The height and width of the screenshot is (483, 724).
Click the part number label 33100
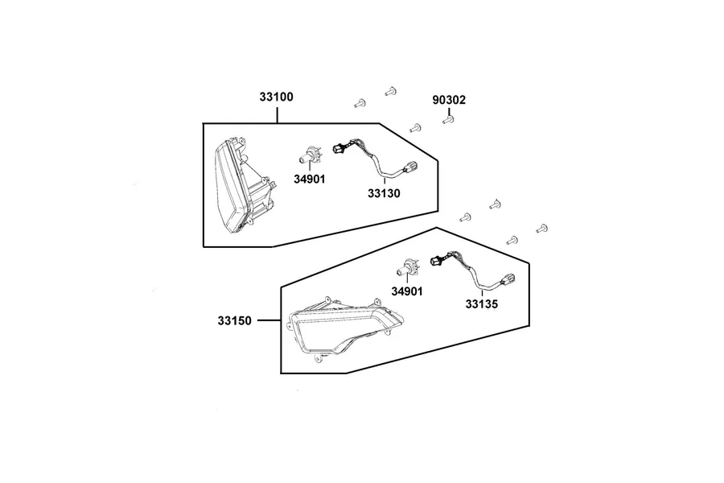pyautogui.click(x=276, y=97)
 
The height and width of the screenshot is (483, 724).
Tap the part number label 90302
pyautogui.click(x=449, y=100)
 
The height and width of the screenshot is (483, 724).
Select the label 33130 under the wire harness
pyautogui.click(x=384, y=193)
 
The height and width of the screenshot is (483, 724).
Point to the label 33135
pyautogui.click(x=482, y=304)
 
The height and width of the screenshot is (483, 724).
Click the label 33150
pyautogui.click(x=235, y=320)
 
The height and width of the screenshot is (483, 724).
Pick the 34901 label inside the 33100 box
pyautogui.click(x=310, y=179)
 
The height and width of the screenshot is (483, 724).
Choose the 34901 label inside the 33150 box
pyautogui.click(x=407, y=291)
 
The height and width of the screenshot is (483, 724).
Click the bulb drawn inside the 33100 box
pyautogui.click(x=309, y=155)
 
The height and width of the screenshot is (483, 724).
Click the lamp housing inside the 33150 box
pyautogui.click(x=344, y=328)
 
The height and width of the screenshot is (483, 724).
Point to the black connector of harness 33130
pyautogui.click(x=339, y=148)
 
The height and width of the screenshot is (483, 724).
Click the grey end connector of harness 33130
pyautogui.click(x=409, y=167)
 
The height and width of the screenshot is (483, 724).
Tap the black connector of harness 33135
pyautogui.click(x=436, y=261)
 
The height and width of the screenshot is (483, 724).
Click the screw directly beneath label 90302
pyautogui.click(x=448, y=120)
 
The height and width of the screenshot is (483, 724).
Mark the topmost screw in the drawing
pyautogui.click(x=391, y=92)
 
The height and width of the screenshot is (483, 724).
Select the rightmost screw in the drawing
pyautogui.click(x=542, y=229)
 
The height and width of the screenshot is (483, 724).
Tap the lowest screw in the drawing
pyautogui.click(x=512, y=241)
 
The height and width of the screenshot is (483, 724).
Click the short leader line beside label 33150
pyautogui.click(x=269, y=320)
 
